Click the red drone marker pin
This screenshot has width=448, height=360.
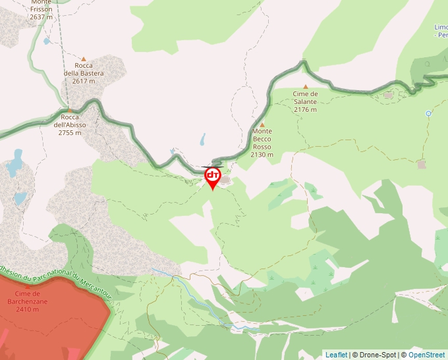click(212, 176)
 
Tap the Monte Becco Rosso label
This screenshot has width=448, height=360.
click(262, 143)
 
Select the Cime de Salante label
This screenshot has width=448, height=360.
click(305, 101)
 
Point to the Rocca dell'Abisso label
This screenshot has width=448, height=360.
click(70, 124)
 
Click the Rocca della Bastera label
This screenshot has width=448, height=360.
click(84, 73)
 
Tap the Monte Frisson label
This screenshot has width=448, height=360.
click(41, 10)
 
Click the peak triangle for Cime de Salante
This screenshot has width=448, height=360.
click(305, 87)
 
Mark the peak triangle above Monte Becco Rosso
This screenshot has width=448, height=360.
click(262, 124)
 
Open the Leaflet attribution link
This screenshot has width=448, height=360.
click(336, 355)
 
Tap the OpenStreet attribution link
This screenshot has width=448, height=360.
click(426, 355)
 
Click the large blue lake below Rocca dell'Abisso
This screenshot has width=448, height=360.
click(14, 164)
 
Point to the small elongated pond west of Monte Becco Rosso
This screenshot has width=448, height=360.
click(203, 140)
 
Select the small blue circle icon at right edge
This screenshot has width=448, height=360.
click(428, 113)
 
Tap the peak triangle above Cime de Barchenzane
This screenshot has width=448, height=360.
click(28, 287)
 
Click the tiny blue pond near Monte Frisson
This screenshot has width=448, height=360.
click(46, 41)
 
